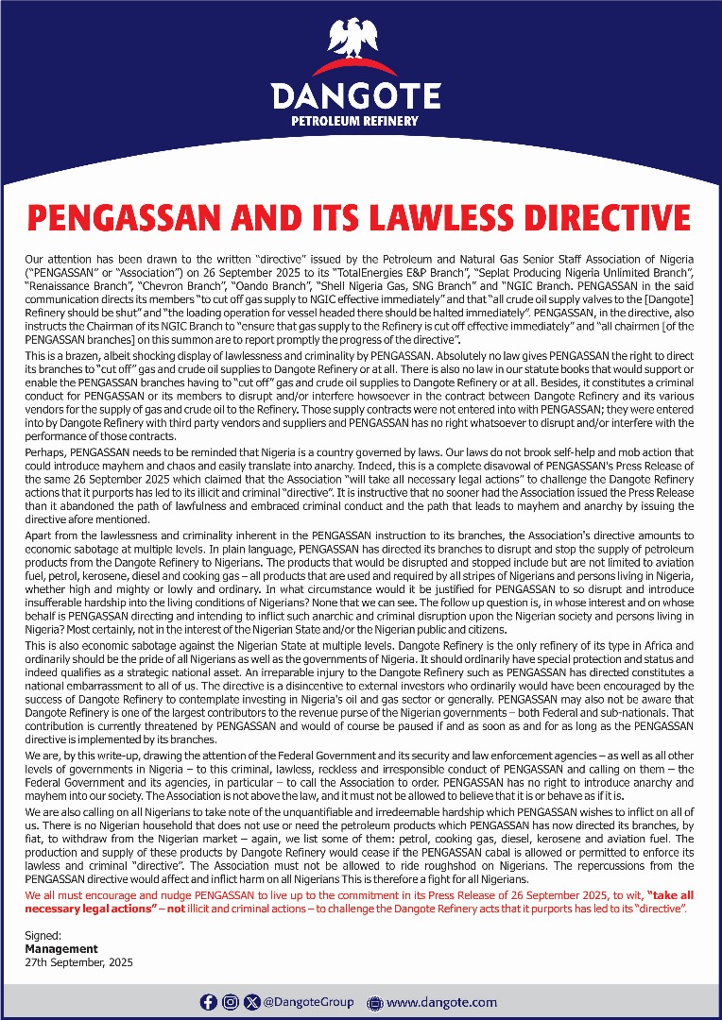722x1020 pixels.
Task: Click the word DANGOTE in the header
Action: [355, 96]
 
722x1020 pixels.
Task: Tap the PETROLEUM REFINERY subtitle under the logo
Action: [355, 122]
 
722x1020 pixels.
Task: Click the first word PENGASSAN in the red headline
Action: [120, 216]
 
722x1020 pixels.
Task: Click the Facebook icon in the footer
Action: [209, 1002]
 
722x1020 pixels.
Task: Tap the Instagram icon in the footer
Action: [231, 1002]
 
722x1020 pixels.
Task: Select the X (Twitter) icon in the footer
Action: [251, 1002]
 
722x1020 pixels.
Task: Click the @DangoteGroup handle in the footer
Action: [308, 1002]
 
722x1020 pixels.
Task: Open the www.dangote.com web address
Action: [441, 1002]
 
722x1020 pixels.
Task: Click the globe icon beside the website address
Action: [373, 1002]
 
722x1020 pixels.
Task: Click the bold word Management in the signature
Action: [61, 948]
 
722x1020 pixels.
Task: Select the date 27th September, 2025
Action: [78, 962]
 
